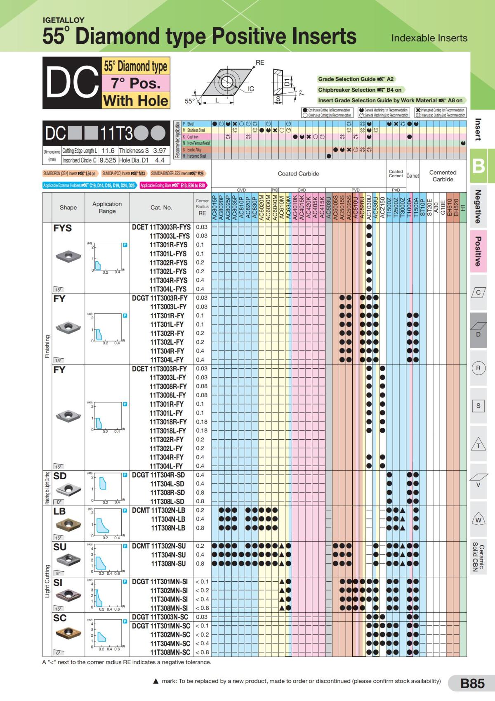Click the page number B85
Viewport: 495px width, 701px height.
tap(472, 683)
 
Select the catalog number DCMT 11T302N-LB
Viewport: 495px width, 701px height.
tap(158, 510)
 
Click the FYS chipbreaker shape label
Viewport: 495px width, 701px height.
tap(62, 228)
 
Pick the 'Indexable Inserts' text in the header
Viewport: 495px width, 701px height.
tap(429, 38)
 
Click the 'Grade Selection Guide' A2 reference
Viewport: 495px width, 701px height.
tap(356, 79)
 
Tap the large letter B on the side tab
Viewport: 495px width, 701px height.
tap(478, 166)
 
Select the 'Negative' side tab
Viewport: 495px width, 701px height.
tap(478, 206)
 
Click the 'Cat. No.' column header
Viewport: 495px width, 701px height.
tap(161, 207)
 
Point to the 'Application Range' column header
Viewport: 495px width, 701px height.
tap(107, 207)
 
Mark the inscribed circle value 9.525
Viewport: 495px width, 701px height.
tap(108, 160)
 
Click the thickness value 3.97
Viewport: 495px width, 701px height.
tap(159, 151)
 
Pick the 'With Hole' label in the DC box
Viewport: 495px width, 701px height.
tap(136, 101)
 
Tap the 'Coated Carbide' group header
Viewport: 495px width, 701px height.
tap(298, 174)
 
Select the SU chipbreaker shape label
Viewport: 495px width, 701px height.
tap(60, 547)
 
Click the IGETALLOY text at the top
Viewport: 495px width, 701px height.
tap(64, 20)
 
